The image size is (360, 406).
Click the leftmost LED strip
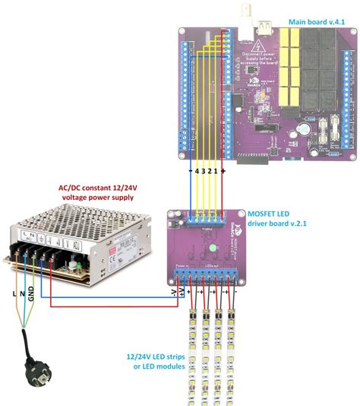[192, 350]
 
